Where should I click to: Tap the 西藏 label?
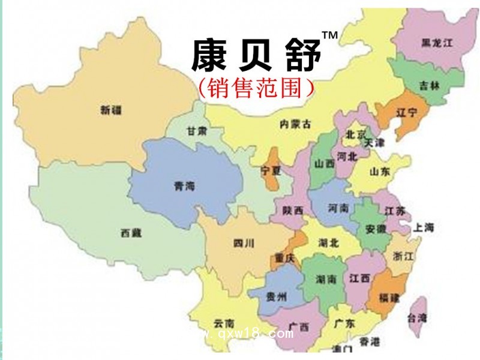click(130, 233)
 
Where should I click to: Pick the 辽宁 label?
click(406, 112)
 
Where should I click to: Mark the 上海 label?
click(424, 227)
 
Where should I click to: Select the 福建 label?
click(388, 297)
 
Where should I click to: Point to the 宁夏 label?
click(271, 170)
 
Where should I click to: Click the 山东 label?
click(379, 172)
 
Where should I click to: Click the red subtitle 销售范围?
click(256, 88)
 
